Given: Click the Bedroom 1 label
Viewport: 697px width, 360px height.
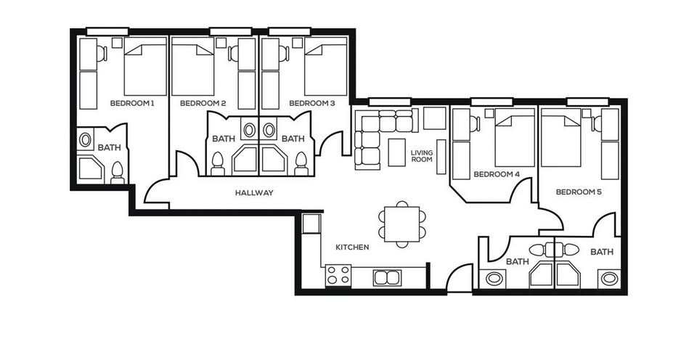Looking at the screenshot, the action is pyautogui.click(x=132, y=104).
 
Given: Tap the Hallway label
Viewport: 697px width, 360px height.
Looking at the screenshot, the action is pyautogui.click(x=254, y=193).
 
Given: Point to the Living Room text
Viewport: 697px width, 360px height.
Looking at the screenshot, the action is pyautogui.click(x=421, y=156).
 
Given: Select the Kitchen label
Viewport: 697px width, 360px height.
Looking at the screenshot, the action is pyautogui.click(x=352, y=247).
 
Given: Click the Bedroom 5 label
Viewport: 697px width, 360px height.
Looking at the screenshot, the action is pyautogui.click(x=579, y=192).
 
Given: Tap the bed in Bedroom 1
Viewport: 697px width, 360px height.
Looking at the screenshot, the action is pyautogui.click(x=145, y=67).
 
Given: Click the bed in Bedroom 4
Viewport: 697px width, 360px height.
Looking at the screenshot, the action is pyautogui.click(x=515, y=137).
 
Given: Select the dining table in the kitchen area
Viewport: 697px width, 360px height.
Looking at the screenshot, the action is pyautogui.click(x=402, y=224).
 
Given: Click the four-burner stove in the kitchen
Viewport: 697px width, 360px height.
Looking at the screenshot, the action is pyautogui.click(x=338, y=274).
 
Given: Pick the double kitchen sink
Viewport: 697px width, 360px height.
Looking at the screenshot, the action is pyautogui.click(x=387, y=278).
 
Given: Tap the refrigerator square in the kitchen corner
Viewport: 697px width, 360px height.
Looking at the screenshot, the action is pyautogui.click(x=311, y=223).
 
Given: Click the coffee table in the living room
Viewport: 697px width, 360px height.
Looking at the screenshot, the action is pyautogui.click(x=396, y=152).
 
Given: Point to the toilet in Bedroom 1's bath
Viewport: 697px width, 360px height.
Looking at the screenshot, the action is pyautogui.click(x=118, y=173).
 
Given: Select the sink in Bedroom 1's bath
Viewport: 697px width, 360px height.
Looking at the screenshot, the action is pyautogui.click(x=85, y=140).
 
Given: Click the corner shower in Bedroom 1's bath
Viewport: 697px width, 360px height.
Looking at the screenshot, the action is pyautogui.click(x=91, y=168).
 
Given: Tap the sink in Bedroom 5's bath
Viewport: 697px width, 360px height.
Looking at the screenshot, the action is pyautogui.click(x=609, y=279).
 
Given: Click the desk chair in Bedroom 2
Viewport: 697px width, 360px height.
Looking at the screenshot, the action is pyautogui.click(x=233, y=54).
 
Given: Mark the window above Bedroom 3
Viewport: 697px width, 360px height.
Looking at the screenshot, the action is pyautogui.click(x=290, y=31).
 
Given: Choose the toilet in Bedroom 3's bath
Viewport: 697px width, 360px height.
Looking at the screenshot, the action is pyautogui.click(x=301, y=164).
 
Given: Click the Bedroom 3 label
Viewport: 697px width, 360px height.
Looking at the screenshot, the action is pyautogui.click(x=312, y=104).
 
